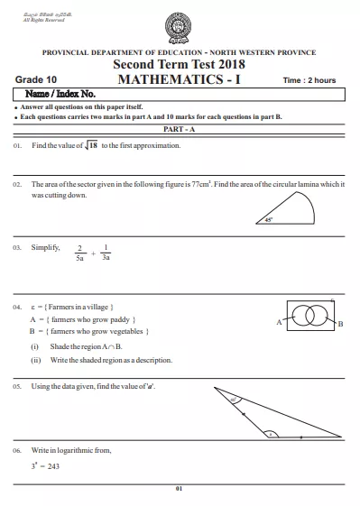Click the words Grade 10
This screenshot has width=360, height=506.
[38, 80]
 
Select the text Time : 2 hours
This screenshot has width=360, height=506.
[309, 80]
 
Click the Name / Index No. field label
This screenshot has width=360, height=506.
[62, 95]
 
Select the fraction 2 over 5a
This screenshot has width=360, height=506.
[80, 253]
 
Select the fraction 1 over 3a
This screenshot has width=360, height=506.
[106, 253]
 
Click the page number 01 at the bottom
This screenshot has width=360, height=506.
[180, 488]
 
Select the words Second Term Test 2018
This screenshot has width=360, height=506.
[180, 65]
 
